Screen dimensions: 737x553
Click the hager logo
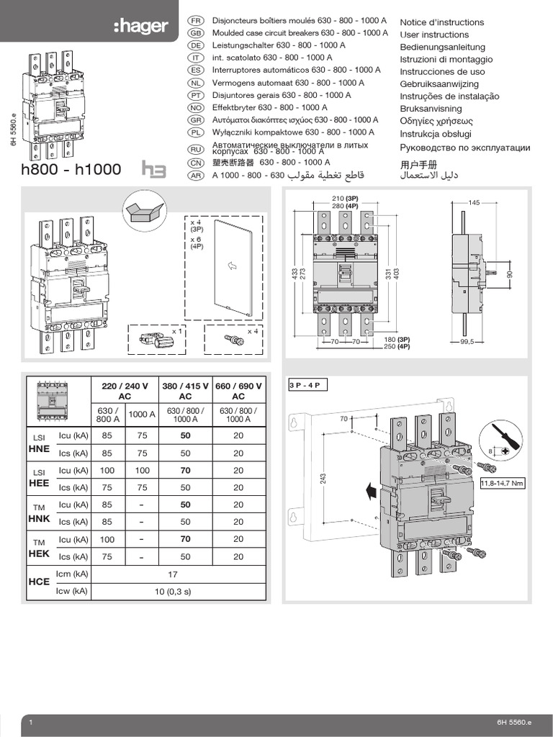(x=140, y=27)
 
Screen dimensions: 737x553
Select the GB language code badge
(x=193, y=33)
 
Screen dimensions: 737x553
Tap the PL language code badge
(x=193, y=132)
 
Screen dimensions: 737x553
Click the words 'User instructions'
(x=433, y=35)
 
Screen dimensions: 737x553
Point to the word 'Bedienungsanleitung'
(x=442, y=47)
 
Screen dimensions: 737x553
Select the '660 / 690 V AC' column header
(x=238, y=391)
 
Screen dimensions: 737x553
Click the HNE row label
(x=39, y=448)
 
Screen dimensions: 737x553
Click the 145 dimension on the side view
(x=473, y=203)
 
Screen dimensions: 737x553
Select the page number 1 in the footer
(x=31, y=722)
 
